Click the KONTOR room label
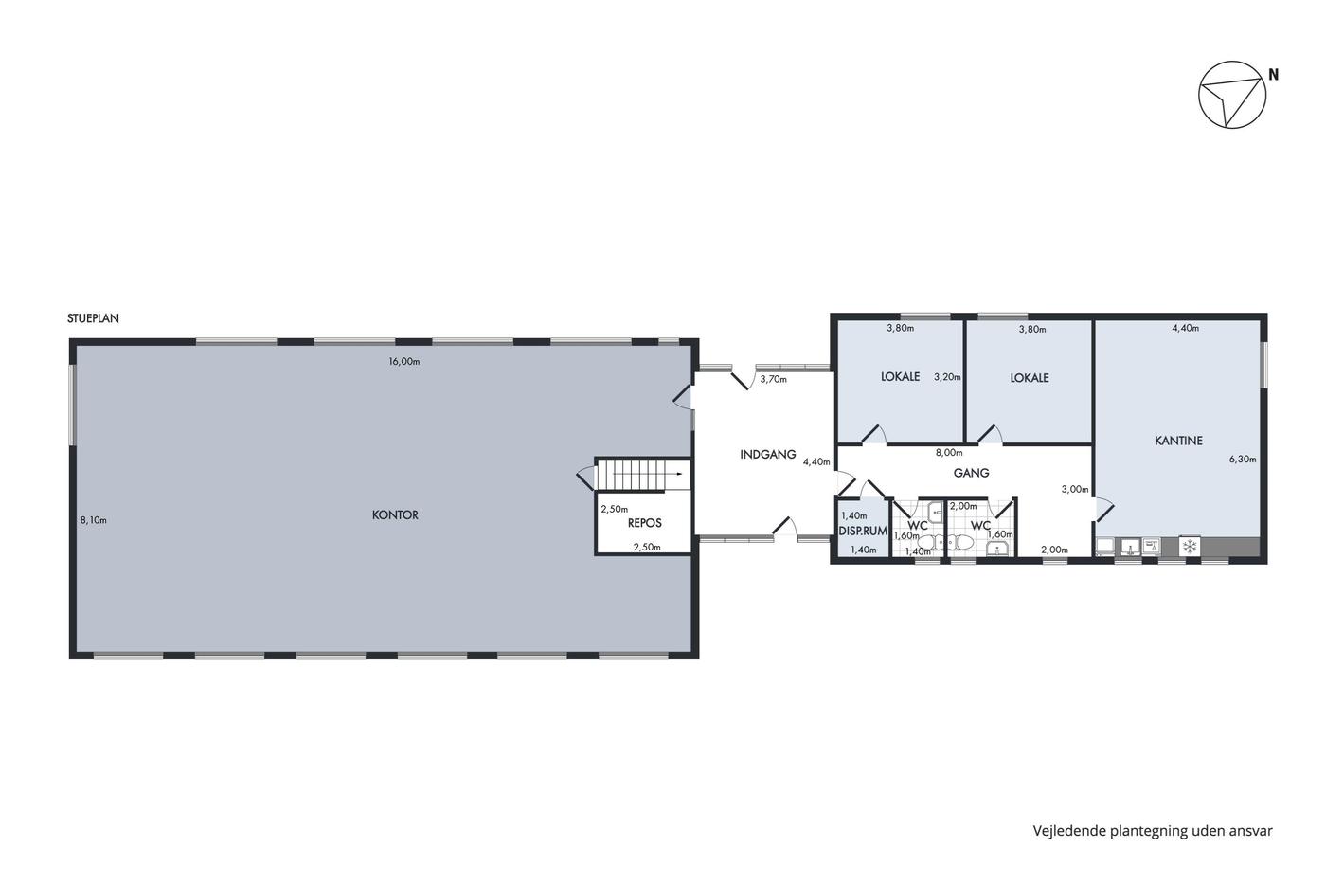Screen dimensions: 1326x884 pyautogui.click(x=395, y=515)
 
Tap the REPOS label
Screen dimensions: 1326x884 pyautogui.click(x=645, y=523)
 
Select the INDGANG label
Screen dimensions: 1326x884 pyautogui.click(x=768, y=454)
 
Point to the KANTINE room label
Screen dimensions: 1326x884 pyautogui.click(x=1178, y=441)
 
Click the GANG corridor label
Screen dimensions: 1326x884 pyautogui.click(x=972, y=473)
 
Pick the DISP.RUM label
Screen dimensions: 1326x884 pyautogui.click(x=863, y=532)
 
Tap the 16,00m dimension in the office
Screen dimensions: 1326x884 pyautogui.click(x=404, y=361)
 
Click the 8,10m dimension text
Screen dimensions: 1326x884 pyautogui.click(x=94, y=520)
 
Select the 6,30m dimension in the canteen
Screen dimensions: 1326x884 pyautogui.click(x=1243, y=459)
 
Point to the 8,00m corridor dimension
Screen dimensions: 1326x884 pyautogui.click(x=949, y=452)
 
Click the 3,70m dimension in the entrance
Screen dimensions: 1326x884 pyautogui.click(x=773, y=379)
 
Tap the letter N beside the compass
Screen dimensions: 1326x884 pyautogui.click(x=1273, y=75)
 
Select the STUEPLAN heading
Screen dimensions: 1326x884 pyautogui.click(x=93, y=318)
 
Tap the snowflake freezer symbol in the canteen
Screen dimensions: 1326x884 pyautogui.click(x=1190, y=546)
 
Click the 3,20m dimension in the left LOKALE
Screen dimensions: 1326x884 pyautogui.click(x=947, y=376)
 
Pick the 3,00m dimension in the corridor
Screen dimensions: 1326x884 pyautogui.click(x=1075, y=489)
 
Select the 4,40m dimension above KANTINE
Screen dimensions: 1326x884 pyautogui.click(x=1186, y=328)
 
